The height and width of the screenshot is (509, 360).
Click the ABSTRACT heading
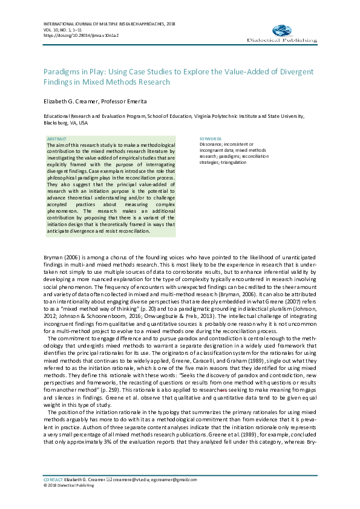click(x=57, y=138)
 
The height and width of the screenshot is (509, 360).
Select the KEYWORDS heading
click(x=211, y=138)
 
